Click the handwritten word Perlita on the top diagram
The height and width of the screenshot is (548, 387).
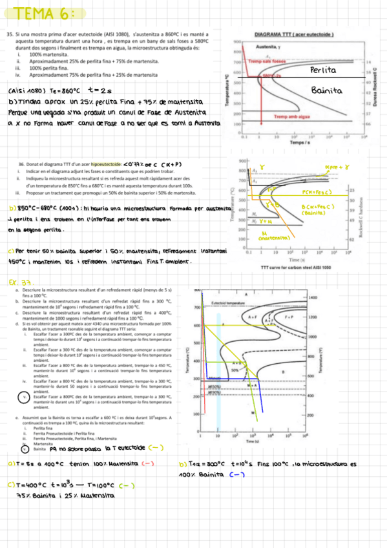tap(323, 69)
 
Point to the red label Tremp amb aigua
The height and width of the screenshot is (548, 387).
tap(293, 117)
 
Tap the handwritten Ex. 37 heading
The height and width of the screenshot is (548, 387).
tap(21, 282)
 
